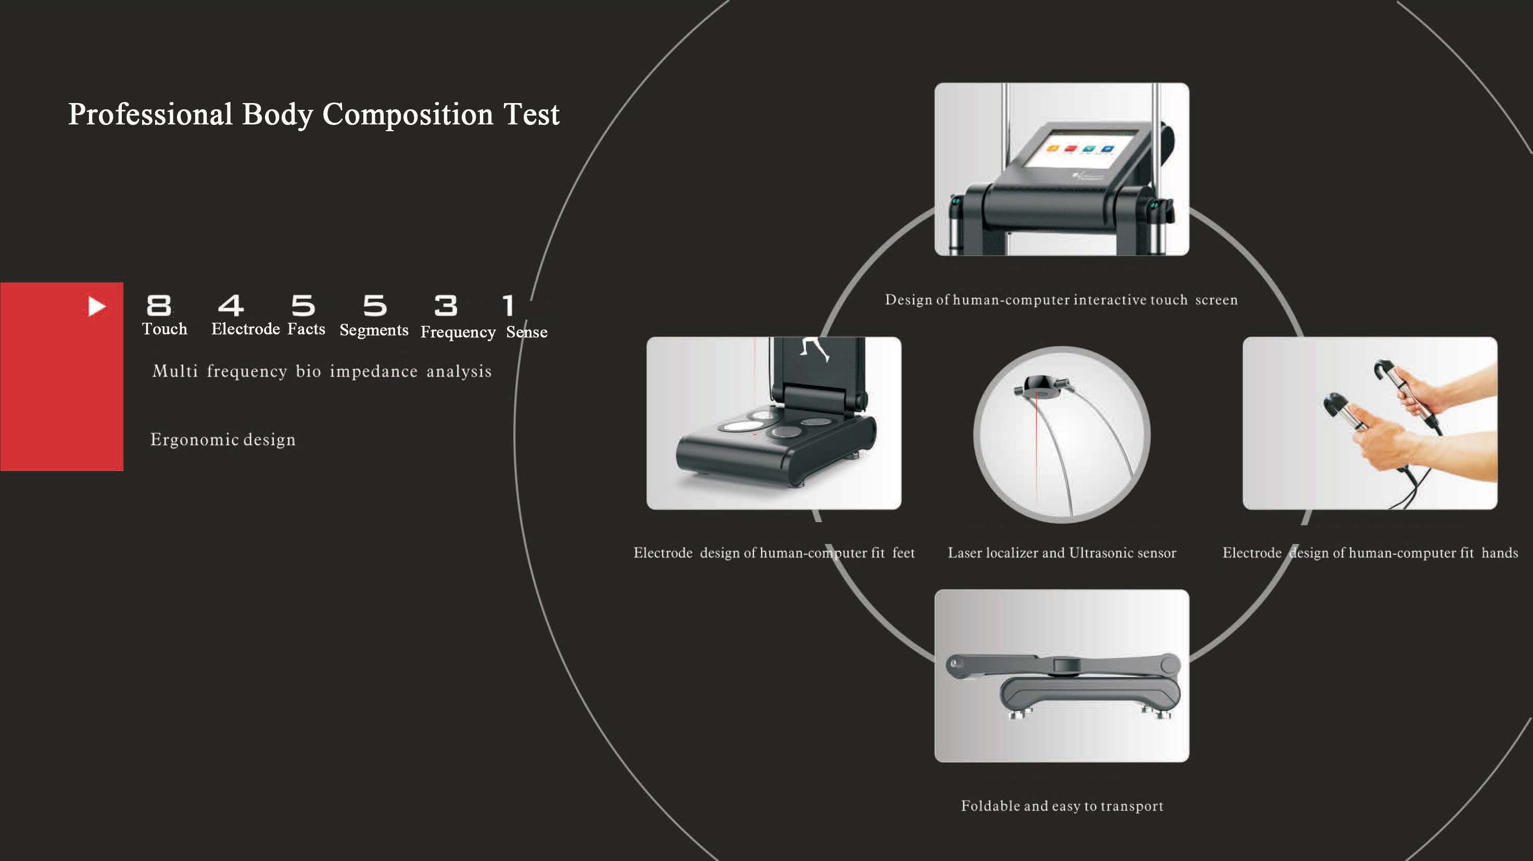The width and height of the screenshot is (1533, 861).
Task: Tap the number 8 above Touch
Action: tap(159, 306)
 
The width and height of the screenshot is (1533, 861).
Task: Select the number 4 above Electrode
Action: tap(231, 306)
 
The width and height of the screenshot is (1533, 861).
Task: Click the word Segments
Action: tap(374, 330)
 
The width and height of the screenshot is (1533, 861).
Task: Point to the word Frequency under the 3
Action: tap(458, 332)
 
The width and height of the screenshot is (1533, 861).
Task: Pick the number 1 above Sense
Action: tap(508, 306)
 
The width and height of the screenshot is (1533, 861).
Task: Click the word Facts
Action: tap(307, 329)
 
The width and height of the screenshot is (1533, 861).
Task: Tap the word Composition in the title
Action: tap(408, 114)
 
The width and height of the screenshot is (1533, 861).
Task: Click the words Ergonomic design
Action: tap(223, 440)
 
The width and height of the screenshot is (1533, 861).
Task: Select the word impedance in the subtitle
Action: tap(374, 372)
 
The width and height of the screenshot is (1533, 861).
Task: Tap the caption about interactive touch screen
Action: tap(1061, 300)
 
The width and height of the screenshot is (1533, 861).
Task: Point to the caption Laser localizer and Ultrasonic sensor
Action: tap(1062, 553)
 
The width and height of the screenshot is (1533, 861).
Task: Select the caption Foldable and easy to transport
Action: tap(1062, 806)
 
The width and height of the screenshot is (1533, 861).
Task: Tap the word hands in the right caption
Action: tap(1499, 553)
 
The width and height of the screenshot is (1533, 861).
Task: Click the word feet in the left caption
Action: tap(903, 553)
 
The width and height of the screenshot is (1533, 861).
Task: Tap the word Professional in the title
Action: tap(150, 114)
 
